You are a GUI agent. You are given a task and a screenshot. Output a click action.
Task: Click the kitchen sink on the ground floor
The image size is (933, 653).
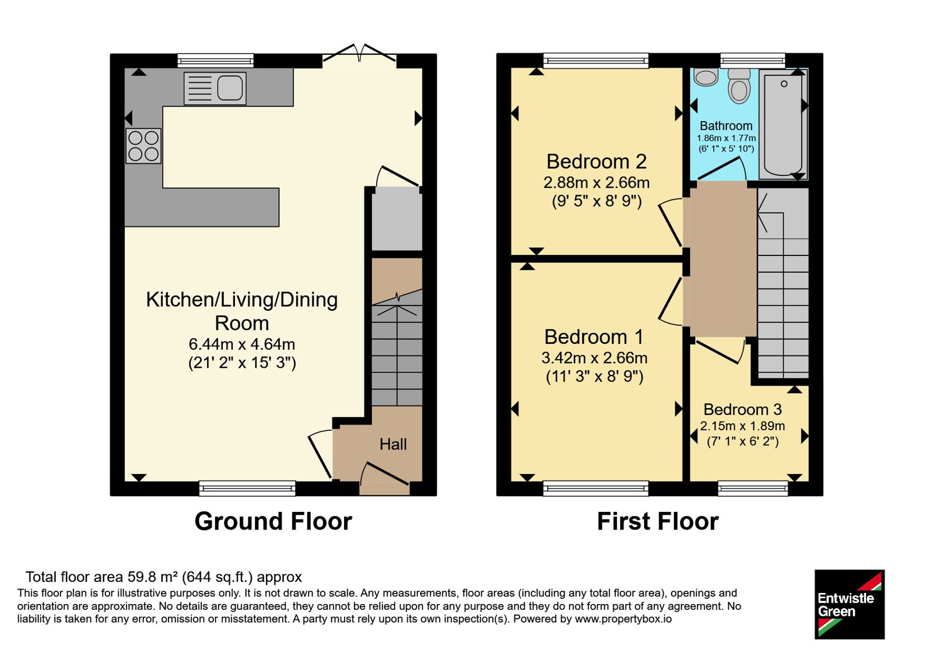(215, 88)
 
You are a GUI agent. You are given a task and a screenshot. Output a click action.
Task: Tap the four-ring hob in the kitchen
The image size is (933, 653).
(143, 146)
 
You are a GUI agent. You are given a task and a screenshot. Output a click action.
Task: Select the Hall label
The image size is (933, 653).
(393, 444)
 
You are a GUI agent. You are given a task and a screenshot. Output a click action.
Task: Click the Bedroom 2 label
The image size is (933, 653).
(597, 162)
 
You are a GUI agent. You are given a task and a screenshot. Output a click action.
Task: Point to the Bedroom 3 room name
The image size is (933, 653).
(743, 409)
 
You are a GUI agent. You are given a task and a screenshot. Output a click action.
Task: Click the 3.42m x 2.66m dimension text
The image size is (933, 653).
(594, 358)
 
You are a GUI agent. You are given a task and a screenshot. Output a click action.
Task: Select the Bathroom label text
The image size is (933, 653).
(726, 125)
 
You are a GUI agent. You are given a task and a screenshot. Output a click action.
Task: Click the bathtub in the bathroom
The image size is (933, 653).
(783, 124)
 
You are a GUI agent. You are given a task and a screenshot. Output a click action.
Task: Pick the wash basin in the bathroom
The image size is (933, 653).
(706, 77)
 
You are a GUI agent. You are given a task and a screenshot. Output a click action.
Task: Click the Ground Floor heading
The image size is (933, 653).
(273, 521)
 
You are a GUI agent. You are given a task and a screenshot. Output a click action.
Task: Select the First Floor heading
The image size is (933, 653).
(658, 521)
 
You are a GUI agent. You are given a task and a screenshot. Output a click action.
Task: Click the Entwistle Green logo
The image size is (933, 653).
(850, 604)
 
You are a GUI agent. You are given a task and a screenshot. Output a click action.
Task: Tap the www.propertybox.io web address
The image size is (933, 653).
(623, 619)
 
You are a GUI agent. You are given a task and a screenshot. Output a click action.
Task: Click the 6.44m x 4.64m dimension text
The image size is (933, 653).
(242, 345)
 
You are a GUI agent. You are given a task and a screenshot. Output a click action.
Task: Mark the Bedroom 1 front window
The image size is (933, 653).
(595, 489)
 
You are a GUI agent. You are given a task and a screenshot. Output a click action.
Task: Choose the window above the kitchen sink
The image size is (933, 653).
(215, 61)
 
